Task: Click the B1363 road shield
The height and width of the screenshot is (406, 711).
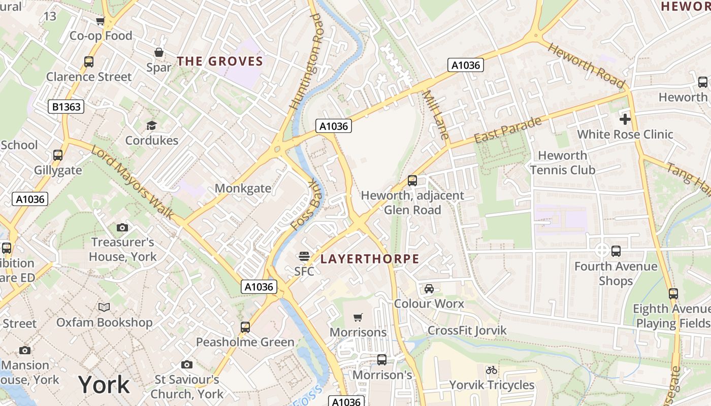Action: [x=66, y=107]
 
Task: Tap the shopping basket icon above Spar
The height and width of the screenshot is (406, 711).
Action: [x=159, y=52]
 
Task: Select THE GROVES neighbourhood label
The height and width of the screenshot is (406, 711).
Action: [x=220, y=62]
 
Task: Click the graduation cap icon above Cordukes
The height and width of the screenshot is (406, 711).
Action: [x=151, y=125]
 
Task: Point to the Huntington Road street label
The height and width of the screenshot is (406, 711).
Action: [x=306, y=62]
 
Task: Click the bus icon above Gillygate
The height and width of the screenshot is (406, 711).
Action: [x=58, y=155]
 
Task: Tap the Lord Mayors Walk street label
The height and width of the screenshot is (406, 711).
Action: [x=133, y=182]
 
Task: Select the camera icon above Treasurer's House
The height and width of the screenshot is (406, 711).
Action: [x=122, y=227]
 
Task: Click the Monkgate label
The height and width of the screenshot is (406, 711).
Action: [x=243, y=188]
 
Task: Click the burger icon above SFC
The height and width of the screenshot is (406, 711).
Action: [x=304, y=256]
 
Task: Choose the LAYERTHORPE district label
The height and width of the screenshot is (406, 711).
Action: [x=370, y=259]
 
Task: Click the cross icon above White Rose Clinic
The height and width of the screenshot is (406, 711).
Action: [x=625, y=119]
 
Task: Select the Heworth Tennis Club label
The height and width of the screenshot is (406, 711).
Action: [x=562, y=162]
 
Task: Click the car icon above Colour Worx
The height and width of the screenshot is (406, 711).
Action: [x=429, y=289]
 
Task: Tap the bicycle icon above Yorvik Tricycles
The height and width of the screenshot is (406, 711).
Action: [x=492, y=370]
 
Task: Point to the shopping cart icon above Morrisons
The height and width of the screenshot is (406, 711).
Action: [x=358, y=317]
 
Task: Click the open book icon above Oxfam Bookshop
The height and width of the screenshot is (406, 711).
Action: [x=104, y=307]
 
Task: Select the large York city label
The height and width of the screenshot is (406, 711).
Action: [x=104, y=384]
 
